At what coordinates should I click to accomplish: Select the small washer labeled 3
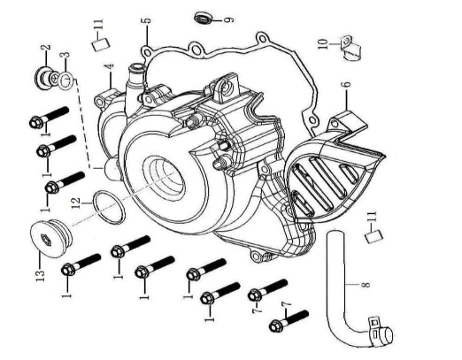coord(65,82)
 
